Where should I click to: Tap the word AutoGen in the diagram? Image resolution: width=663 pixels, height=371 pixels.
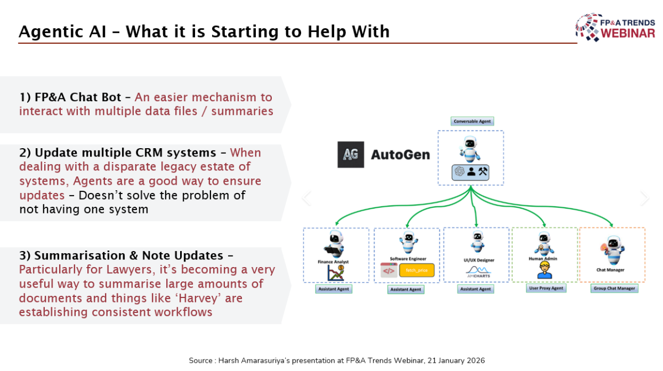point(400,155)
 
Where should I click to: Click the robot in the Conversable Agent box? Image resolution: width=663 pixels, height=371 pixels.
point(470,148)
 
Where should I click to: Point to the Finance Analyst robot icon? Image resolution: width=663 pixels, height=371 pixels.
point(335,243)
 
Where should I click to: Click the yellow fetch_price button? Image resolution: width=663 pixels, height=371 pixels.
point(417,271)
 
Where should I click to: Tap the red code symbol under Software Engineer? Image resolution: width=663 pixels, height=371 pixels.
point(388,271)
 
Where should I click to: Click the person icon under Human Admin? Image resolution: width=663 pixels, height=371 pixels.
point(544,270)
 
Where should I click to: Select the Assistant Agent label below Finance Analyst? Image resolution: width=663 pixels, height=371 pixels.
point(335,289)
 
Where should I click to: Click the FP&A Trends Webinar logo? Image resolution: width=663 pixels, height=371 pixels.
point(615,27)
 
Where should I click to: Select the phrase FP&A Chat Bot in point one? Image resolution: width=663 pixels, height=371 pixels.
point(70,97)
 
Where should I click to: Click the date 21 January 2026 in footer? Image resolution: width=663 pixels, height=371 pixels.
point(447,360)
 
